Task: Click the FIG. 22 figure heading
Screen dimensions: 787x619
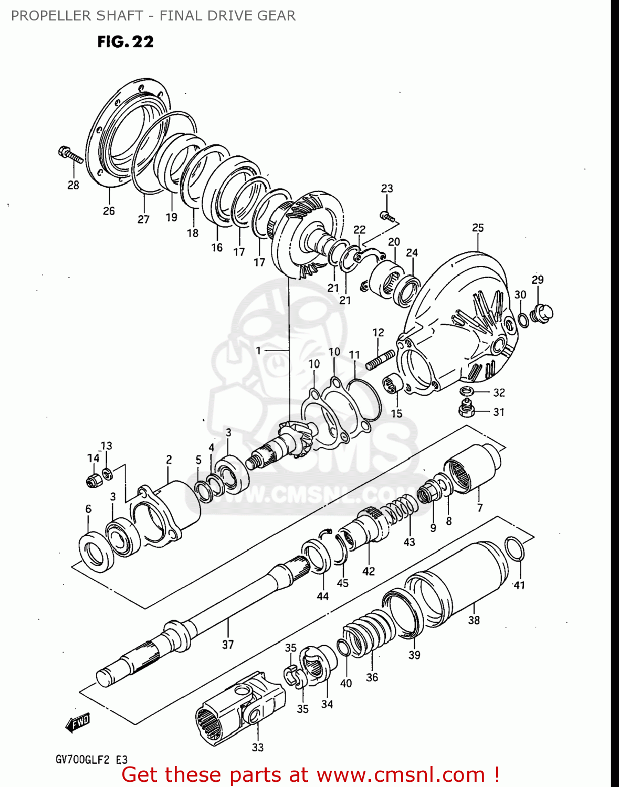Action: pos(125,42)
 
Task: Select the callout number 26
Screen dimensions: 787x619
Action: pos(109,211)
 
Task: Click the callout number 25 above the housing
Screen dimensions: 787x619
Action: pos(478,228)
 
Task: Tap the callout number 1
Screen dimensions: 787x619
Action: pos(258,350)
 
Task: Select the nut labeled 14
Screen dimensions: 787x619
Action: pos(93,480)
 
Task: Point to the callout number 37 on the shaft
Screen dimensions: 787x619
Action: pos(227,644)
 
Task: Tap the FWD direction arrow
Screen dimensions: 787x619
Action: pos(78,722)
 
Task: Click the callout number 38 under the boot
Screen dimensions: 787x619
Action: pos(474,620)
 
